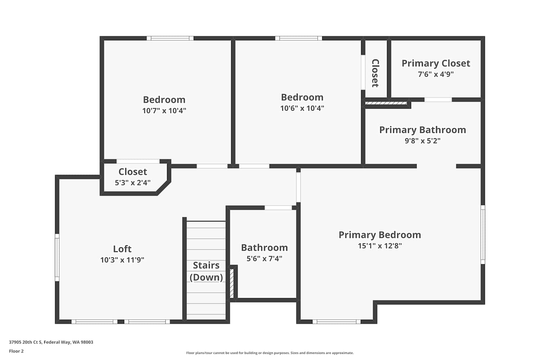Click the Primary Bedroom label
(x=380, y=235)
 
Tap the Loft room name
(x=122, y=249)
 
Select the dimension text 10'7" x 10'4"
(x=164, y=111)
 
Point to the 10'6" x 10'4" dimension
(x=302, y=108)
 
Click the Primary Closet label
(x=436, y=63)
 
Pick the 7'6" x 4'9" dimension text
(x=436, y=74)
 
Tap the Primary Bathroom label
(x=423, y=130)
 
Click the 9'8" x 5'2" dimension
(x=423, y=141)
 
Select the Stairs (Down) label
(x=206, y=271)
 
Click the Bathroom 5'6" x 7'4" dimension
(x=265, y=259)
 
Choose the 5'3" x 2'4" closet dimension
(x=132, y=183)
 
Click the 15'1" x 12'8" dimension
(x=380, y=246)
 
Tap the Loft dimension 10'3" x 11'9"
(x=122, y=260)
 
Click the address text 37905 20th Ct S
(x=26, y=342)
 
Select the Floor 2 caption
(x=17, y=351)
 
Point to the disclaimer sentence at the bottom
(x=270, y=353)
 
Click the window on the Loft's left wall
(x=57, y=257)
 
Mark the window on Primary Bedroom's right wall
(x=483, y=235)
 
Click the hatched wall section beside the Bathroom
(x=232, y=283)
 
